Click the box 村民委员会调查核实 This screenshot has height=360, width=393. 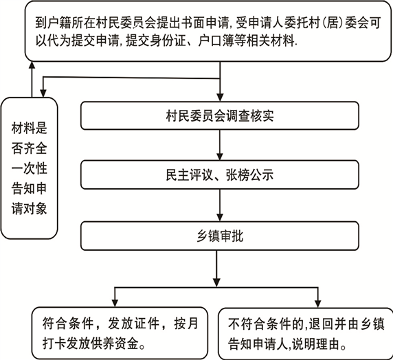click(220, 115)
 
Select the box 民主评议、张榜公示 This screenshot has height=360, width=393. click(220, 175)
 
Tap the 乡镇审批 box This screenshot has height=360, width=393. click(220, 236)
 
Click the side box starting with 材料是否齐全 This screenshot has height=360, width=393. click(29, 168)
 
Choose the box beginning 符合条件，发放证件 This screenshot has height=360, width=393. click(120, 333)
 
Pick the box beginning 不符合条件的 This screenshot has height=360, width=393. click(305, 334)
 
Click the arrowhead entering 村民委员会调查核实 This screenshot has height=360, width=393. click(220, 98)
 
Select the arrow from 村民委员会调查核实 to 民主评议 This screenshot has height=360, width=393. click(220, 145)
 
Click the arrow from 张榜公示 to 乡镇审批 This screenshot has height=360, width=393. click(220, 205)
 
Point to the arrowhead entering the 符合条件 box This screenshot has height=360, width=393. click(115, 304)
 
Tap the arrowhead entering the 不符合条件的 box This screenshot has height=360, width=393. click(318, 304)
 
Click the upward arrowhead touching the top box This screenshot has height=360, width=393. click(32, 65)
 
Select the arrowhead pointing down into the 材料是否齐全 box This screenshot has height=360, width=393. click(43, 93)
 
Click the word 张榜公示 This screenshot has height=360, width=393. click(249, 175)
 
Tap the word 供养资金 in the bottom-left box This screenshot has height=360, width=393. click(115, 344)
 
